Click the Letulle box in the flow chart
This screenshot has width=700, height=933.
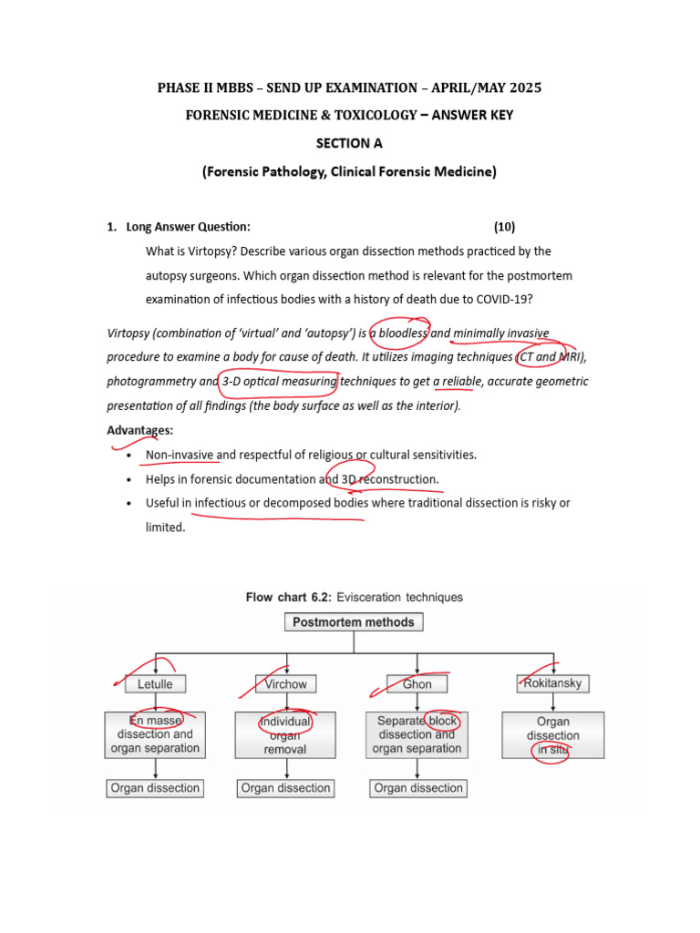pos(156,683)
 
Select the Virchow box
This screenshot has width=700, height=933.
pos(286,683)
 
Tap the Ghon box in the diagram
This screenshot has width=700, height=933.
pos(417,683)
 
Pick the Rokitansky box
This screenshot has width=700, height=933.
pos(552,682)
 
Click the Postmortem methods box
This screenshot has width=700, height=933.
pos(353,623)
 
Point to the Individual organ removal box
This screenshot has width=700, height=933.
pos(285,735)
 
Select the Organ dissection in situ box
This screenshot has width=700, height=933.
pos(552,735)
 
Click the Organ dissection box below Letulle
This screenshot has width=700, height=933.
pos(156,788)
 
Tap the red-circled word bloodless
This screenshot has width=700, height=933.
pos(402,333)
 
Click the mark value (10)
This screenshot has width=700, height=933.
pos(504,227)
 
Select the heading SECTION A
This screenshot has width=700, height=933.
pos(349,144)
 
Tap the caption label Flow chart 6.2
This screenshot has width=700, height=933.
pos(288,598)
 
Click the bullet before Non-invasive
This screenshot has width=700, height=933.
pos(130,455)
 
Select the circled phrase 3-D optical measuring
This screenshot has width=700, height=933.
pos(279,381)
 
